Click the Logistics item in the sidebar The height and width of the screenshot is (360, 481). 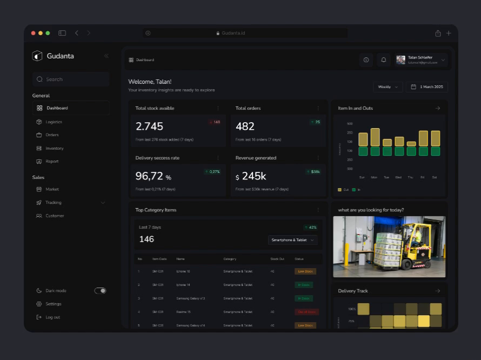54,122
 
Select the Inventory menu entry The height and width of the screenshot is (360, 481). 54,148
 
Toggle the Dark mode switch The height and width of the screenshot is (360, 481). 101,291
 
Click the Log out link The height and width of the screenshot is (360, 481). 52,317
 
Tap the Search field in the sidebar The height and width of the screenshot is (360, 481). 71,79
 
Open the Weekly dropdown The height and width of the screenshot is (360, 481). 388,87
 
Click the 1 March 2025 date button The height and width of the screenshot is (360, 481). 427,87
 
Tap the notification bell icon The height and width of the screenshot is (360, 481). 384,60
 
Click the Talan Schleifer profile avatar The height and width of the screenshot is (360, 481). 400,60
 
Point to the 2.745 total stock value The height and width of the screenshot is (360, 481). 149,126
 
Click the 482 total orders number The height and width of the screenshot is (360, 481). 245,126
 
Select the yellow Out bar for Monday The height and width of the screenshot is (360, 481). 375,137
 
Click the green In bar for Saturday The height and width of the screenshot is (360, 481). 435,151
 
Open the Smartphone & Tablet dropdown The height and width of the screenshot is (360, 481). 292,240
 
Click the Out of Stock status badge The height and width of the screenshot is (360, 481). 306,312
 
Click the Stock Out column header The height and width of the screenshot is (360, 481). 277,259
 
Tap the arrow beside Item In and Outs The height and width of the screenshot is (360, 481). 438,108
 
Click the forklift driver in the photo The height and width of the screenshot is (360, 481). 417,236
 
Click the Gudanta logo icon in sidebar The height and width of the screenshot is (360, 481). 37,56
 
